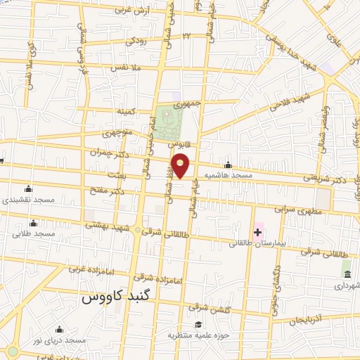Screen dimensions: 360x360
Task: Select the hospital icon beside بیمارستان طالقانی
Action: (x=258, y=232)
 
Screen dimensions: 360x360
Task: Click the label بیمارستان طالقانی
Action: (x=254, y=245)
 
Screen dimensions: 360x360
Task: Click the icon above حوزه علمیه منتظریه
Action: (x=200, y=325)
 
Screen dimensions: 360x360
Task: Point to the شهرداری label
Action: (x=346, y=286)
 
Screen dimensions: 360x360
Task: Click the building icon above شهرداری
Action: (x=346, y=273)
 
